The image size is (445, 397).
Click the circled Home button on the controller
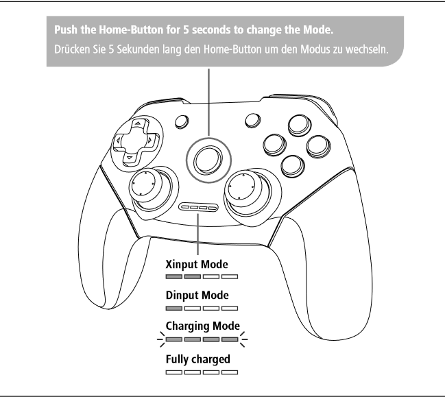208,160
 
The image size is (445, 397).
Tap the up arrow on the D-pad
139,123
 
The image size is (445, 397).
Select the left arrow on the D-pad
118,140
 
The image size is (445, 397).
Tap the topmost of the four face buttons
300,125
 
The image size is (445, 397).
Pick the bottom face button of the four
293,166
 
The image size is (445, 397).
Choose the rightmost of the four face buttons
318,146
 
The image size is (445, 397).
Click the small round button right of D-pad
182,121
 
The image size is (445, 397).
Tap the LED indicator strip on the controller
199,208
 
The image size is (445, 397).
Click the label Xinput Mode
197,264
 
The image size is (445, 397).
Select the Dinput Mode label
197,295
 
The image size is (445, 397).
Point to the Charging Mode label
203,326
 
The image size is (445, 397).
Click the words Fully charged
197,359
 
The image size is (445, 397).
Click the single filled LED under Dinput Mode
174,308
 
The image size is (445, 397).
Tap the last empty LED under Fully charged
230,372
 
